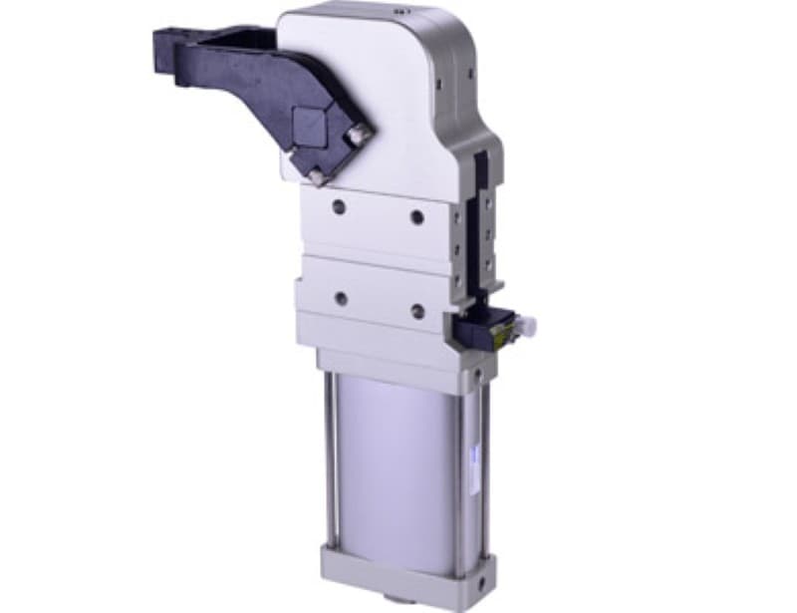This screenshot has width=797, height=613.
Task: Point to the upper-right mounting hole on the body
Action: pos(416,215)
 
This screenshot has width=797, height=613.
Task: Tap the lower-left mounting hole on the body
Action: pos(342,298)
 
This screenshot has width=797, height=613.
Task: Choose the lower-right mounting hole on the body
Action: pos(417,311)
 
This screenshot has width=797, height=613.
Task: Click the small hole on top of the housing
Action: pos(403,13)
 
